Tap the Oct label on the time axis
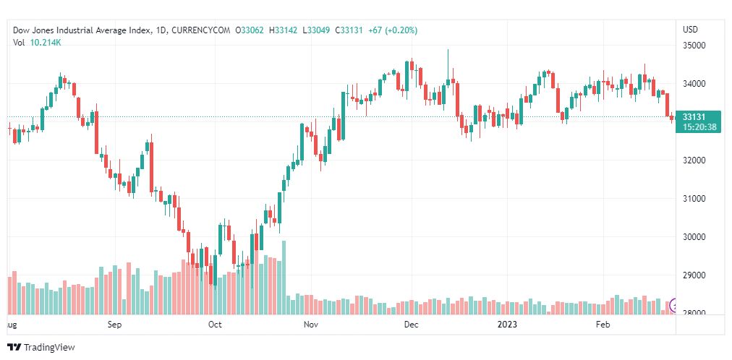point(215,325)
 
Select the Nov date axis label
point(312,325)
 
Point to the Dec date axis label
point(411,325)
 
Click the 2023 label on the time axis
point(506,325)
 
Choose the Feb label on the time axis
point(603,325)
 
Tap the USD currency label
point(690,30)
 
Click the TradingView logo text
point(49,348)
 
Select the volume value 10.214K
point(46,43)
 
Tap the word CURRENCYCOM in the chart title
point(201,30)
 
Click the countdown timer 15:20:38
point(699,127)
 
